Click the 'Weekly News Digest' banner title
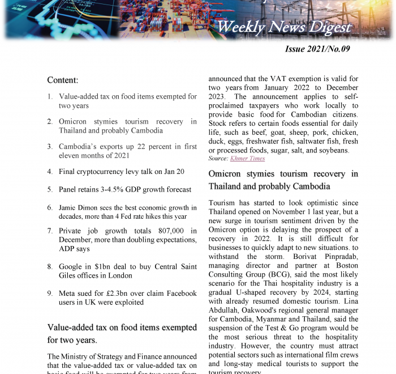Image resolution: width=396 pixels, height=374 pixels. coord(284,27)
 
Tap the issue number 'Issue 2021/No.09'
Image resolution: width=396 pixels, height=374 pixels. coord(317,49)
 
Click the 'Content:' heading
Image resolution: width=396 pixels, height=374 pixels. coord(62,80)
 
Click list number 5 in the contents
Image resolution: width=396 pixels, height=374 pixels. coord(50,190)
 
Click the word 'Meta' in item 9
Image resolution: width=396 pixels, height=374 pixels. coord(68,294)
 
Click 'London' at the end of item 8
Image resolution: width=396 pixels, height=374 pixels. coord(120,276)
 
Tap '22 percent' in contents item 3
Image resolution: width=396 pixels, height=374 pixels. coord(153,146)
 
